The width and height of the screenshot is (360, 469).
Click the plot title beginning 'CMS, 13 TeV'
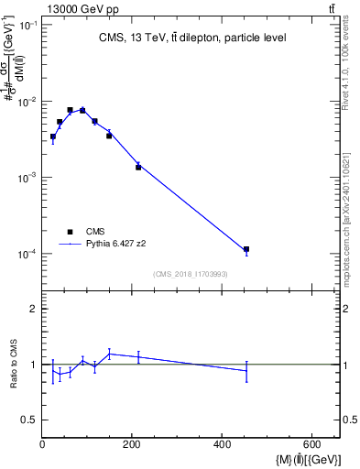pyautogui.click(x=192, y=38)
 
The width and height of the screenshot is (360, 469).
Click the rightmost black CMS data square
pyautogui.click(x=246, y=249)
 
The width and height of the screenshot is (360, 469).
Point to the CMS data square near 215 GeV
pyautogui.click(x=138, y=167)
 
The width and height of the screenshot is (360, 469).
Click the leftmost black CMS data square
pyautogui.click(x=53, y=136)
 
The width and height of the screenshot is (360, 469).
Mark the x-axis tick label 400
pyautogui.click(x=221, y=445)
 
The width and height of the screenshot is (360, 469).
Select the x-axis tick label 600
pyautogui.click(x=311, y=445)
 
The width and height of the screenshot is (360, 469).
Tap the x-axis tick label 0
pyautogui.click(x=42, y=445)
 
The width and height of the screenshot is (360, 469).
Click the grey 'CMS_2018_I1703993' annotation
pyautogui.click(x=190, y=274)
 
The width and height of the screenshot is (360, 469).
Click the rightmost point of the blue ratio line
pyautogui.click(x=246, y=370)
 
